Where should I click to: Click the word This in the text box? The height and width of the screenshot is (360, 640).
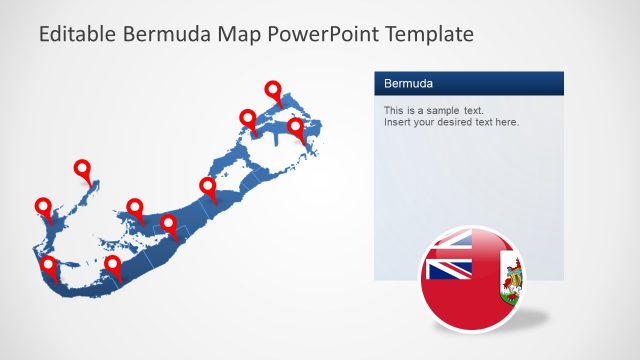tap(394, 110)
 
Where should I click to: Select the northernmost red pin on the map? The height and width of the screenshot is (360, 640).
tap(273, 90)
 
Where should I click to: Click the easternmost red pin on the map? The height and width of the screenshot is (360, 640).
tap(295, 127)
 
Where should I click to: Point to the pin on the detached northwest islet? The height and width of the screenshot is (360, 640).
tap(83, 169)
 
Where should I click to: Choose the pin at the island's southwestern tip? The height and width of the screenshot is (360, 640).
tap(49, 265)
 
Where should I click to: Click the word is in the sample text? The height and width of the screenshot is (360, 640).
tap(411, 110)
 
